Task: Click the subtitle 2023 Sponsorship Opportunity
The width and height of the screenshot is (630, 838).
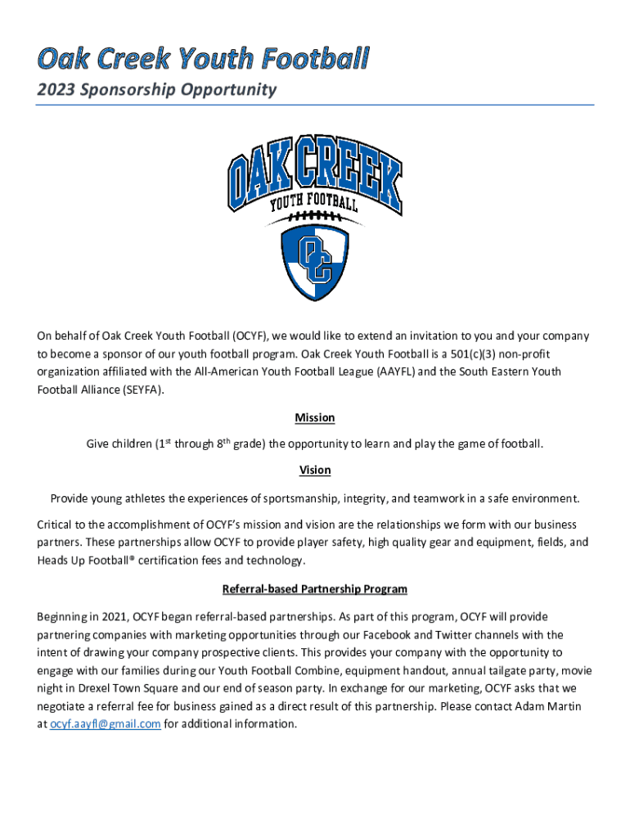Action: click(x=156, y=89)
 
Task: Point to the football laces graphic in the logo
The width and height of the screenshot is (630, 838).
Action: click(x=315, y=216)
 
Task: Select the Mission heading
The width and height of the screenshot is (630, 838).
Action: click(x=315, y=418)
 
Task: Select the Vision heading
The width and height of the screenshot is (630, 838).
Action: click(x=315, y=471)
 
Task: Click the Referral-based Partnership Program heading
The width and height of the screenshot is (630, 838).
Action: click(x=315, y=589)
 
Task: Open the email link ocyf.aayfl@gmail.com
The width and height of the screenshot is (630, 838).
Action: click(x=106, y=724)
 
